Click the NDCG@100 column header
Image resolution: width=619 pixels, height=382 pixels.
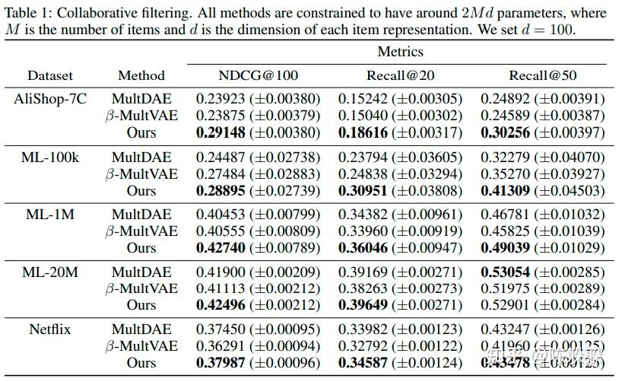click(x=259, y=75)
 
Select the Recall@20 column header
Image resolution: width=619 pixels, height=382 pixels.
click(x=400, y=75)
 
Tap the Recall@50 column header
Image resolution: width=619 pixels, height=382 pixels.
click(x=542, y=75)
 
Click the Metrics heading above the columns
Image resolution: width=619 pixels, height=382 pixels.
click(x=400, y=52)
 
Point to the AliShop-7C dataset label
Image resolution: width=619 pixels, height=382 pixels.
click(x=50, y=99)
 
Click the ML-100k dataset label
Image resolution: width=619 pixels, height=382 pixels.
click(x=50, y=157)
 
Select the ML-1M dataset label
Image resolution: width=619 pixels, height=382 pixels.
click(x=50, y=215)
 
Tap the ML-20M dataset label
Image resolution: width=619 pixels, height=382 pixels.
click(x=50, y=272)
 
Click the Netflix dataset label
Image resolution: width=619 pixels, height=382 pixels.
click(x=50, y=329)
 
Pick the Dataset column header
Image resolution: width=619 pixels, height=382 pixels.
click(x=50, y=75)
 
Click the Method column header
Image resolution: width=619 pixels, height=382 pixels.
click(x=141, y=75)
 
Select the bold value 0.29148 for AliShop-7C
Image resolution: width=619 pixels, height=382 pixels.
click(x=221, y=132)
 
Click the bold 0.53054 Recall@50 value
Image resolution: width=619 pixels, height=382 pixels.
click(x=505, y=272)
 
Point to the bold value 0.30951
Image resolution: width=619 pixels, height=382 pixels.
click(x=363, y=190)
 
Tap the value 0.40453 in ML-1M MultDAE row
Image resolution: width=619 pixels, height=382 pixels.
click(x=221, y=215)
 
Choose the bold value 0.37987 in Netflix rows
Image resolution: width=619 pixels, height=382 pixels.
click(x=221, y=363)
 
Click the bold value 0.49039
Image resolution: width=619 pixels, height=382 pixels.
click(x=505, y=247)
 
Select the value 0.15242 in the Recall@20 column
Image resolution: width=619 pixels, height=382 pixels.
click(x=363, y=99)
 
